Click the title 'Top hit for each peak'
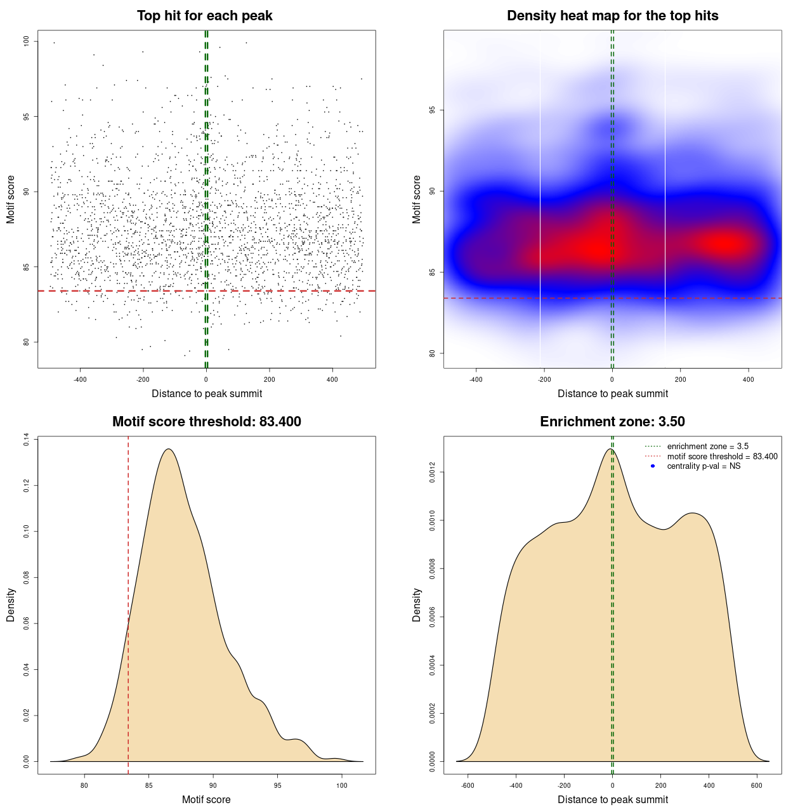(x=205, y=16)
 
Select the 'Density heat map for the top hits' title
(x=612, y=16)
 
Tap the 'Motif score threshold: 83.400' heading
(x=206, y=422)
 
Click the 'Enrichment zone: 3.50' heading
(x=612, y=422)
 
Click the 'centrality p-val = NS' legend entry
(x=704, y=466)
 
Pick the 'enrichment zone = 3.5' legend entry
(x=707, y=447)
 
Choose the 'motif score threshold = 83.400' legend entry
(x=722, y=457)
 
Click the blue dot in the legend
(x=653, y=466)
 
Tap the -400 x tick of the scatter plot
(x=80, y=379)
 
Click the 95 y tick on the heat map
(x=433, y=110)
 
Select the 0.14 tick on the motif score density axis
(x=27, y=440)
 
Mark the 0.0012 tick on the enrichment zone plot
(x=433, y=473)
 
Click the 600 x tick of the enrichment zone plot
(x=757, y=785)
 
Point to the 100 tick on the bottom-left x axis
(x=342, y=785)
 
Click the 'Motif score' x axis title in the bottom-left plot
(x=206, y=800)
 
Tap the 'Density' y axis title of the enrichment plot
(x=417, y=605)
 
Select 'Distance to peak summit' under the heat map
(x=613, y=394)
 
